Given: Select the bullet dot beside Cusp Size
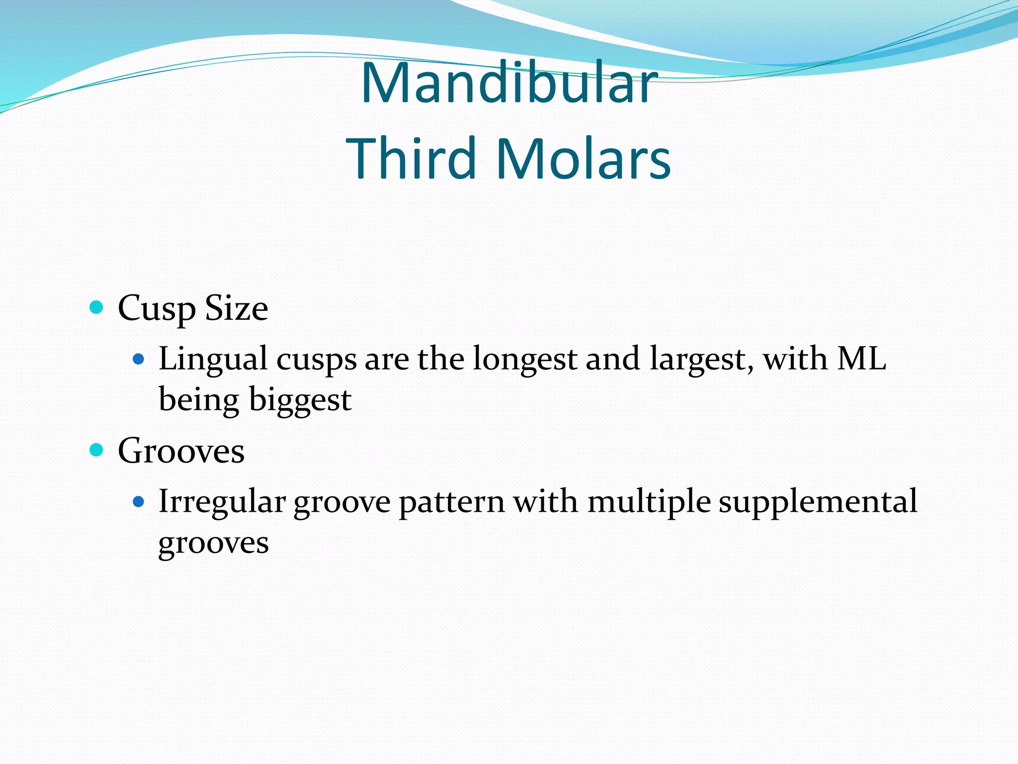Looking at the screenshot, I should tap(96, 307).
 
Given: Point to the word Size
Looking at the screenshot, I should tap(237, 308).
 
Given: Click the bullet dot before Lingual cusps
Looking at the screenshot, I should tap(139, 359).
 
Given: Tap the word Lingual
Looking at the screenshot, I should tap(213, 360).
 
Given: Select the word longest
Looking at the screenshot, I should tap(524, 360).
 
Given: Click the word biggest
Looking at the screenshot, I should tap(300, 400).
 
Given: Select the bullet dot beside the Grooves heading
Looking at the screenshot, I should tap(96, 450).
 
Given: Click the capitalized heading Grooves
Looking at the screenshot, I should tap(181, 451).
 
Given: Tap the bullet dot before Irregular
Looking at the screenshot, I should tap(139, 501).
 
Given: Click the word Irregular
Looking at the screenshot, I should tap(222, 501).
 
